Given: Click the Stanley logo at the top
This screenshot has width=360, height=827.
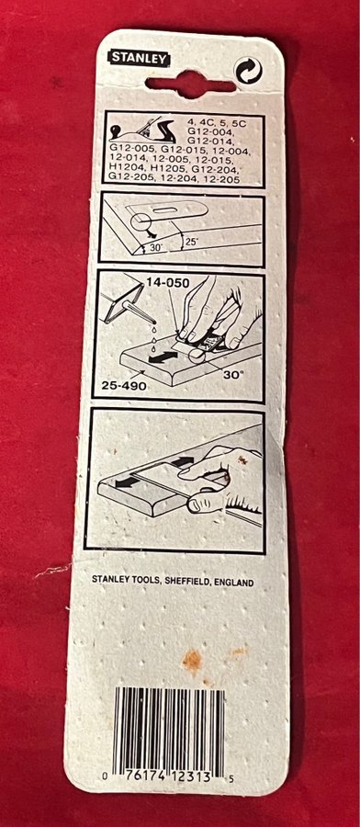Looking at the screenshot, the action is coord(140,59).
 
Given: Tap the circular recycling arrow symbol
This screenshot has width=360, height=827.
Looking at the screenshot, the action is coord(248,71).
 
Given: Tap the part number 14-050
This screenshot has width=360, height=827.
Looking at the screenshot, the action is coord(168,284).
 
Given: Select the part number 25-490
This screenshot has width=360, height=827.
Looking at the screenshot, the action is coord(125,386).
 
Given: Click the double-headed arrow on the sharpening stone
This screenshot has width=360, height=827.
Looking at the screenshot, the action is coord(163,358).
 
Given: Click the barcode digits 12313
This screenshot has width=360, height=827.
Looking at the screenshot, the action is coord(191,776).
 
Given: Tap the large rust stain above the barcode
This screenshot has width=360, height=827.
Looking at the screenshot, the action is coord(192,659).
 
